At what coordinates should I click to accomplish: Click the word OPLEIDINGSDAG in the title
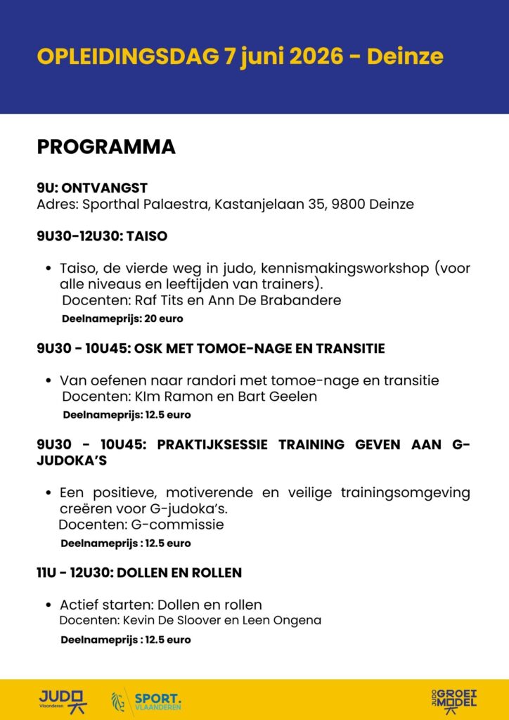point(127,56)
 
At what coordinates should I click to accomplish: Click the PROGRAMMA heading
point(105,147)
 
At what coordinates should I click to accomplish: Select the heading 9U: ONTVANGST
point(92,188)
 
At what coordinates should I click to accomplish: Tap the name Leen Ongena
point(287,620)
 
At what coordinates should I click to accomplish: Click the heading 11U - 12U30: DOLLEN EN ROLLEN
point(139,573)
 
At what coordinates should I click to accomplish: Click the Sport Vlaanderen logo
point(147,700)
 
